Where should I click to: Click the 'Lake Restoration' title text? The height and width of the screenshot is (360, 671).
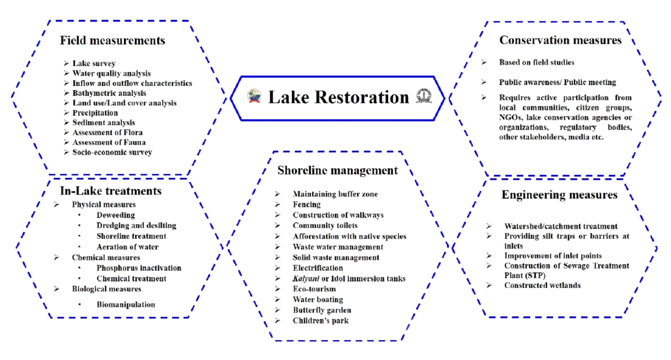338,98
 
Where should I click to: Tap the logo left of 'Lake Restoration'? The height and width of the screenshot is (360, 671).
254,96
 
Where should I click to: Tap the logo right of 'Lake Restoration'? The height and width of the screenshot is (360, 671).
424,96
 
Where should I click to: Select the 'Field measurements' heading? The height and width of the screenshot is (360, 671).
112,41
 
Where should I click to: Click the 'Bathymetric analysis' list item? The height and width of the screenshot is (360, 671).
109,93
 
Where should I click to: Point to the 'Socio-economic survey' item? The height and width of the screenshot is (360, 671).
112,152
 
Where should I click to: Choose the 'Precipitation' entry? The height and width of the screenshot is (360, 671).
95,113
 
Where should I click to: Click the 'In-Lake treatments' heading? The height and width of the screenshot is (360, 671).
111,191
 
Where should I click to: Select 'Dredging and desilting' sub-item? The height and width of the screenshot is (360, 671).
136,225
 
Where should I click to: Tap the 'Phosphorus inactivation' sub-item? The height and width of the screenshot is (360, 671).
139,268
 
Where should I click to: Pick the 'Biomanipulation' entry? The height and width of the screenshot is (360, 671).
126,304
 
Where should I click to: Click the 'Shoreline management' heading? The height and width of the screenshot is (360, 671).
337,171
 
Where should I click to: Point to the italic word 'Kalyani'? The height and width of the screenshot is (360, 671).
306,278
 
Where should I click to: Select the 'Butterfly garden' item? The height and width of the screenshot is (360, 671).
322,310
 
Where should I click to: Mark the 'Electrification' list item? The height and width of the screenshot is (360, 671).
317,268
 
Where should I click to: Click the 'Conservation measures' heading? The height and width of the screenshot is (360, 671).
560,40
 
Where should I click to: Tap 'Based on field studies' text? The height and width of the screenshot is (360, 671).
537,62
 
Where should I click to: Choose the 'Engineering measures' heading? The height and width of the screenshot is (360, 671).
559,195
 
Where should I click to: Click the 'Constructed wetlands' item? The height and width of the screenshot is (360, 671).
542,285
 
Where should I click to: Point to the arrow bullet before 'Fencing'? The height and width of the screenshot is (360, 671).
278,205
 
